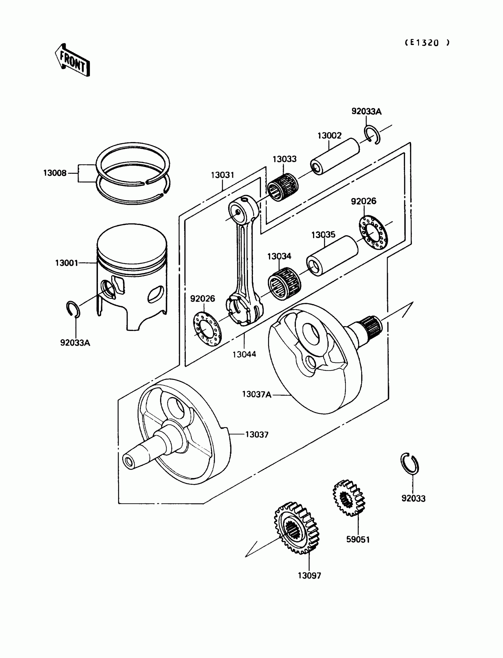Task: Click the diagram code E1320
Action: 427,43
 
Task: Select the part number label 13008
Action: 55,173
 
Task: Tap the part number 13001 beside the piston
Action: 67,263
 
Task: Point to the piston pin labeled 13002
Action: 335,157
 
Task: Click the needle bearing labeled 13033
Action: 282,187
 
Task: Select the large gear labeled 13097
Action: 297,528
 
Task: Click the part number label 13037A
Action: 257,395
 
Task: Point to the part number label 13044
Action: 244,354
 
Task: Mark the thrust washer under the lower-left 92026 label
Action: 207,328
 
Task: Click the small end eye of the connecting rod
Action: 238,211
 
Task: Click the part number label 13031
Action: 223,175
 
